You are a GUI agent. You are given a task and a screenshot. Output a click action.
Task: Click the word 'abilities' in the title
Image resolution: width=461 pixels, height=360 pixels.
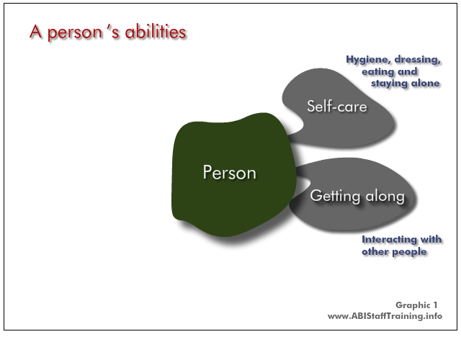tap(156, 32)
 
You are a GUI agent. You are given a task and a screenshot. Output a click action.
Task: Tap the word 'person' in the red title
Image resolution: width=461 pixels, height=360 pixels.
tap(75, 34)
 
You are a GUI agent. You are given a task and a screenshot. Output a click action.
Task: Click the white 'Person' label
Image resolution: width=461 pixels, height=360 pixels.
tap(229, 172)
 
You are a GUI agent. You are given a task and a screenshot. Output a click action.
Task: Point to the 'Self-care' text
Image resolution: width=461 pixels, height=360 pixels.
tap(337, 106)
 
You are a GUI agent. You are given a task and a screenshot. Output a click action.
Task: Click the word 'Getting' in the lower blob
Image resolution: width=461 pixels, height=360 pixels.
tap(335, 196)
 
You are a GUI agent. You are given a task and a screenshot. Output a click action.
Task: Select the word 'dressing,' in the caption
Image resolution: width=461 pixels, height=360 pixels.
tap(418, 60)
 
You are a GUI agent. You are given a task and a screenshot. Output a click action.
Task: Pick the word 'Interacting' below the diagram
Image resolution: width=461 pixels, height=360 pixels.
tap(389, 240)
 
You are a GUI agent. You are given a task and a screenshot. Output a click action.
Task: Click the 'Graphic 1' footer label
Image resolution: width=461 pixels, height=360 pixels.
tap(416, 305)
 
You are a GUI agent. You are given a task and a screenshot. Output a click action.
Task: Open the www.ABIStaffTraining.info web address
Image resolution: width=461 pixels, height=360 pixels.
tap(385, 316)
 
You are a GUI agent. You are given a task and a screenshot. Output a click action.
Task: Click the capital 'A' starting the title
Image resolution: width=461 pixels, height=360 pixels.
tap(35, 32)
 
